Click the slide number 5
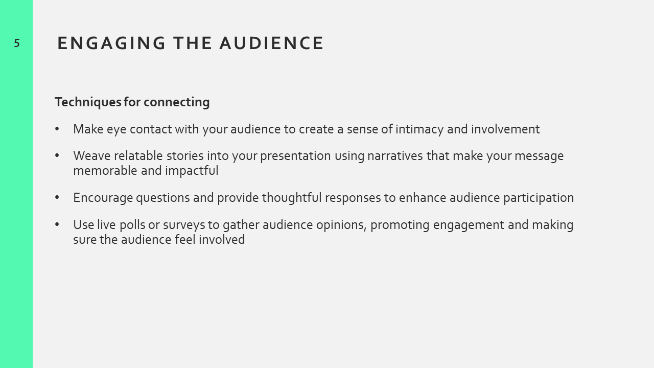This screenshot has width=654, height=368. pos(17,43)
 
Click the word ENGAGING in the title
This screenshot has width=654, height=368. pos(111,43)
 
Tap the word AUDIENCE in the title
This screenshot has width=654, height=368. pos(271,43)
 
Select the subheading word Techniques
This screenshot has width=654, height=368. pos(88,102)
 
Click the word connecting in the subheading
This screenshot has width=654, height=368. pos(177,102)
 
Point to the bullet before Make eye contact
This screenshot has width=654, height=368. pos(57,129)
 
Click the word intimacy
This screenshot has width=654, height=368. pos(419,129)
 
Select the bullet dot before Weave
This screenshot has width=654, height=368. pos(57,156)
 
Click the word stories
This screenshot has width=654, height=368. pos(185,156)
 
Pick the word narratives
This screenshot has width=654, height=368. pos(395,156)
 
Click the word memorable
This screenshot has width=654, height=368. pos(105,171)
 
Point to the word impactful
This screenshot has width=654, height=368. pos(192,171)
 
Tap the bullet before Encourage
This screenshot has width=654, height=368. pos(57,198)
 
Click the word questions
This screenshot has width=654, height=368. pos(163,198)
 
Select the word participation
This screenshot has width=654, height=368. pos(539,198)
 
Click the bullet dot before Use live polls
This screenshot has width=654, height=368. pos(57,224)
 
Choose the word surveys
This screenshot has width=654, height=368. pos(184,225)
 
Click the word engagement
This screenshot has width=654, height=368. pos(469,225)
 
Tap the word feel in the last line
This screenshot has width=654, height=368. pos(185,240)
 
